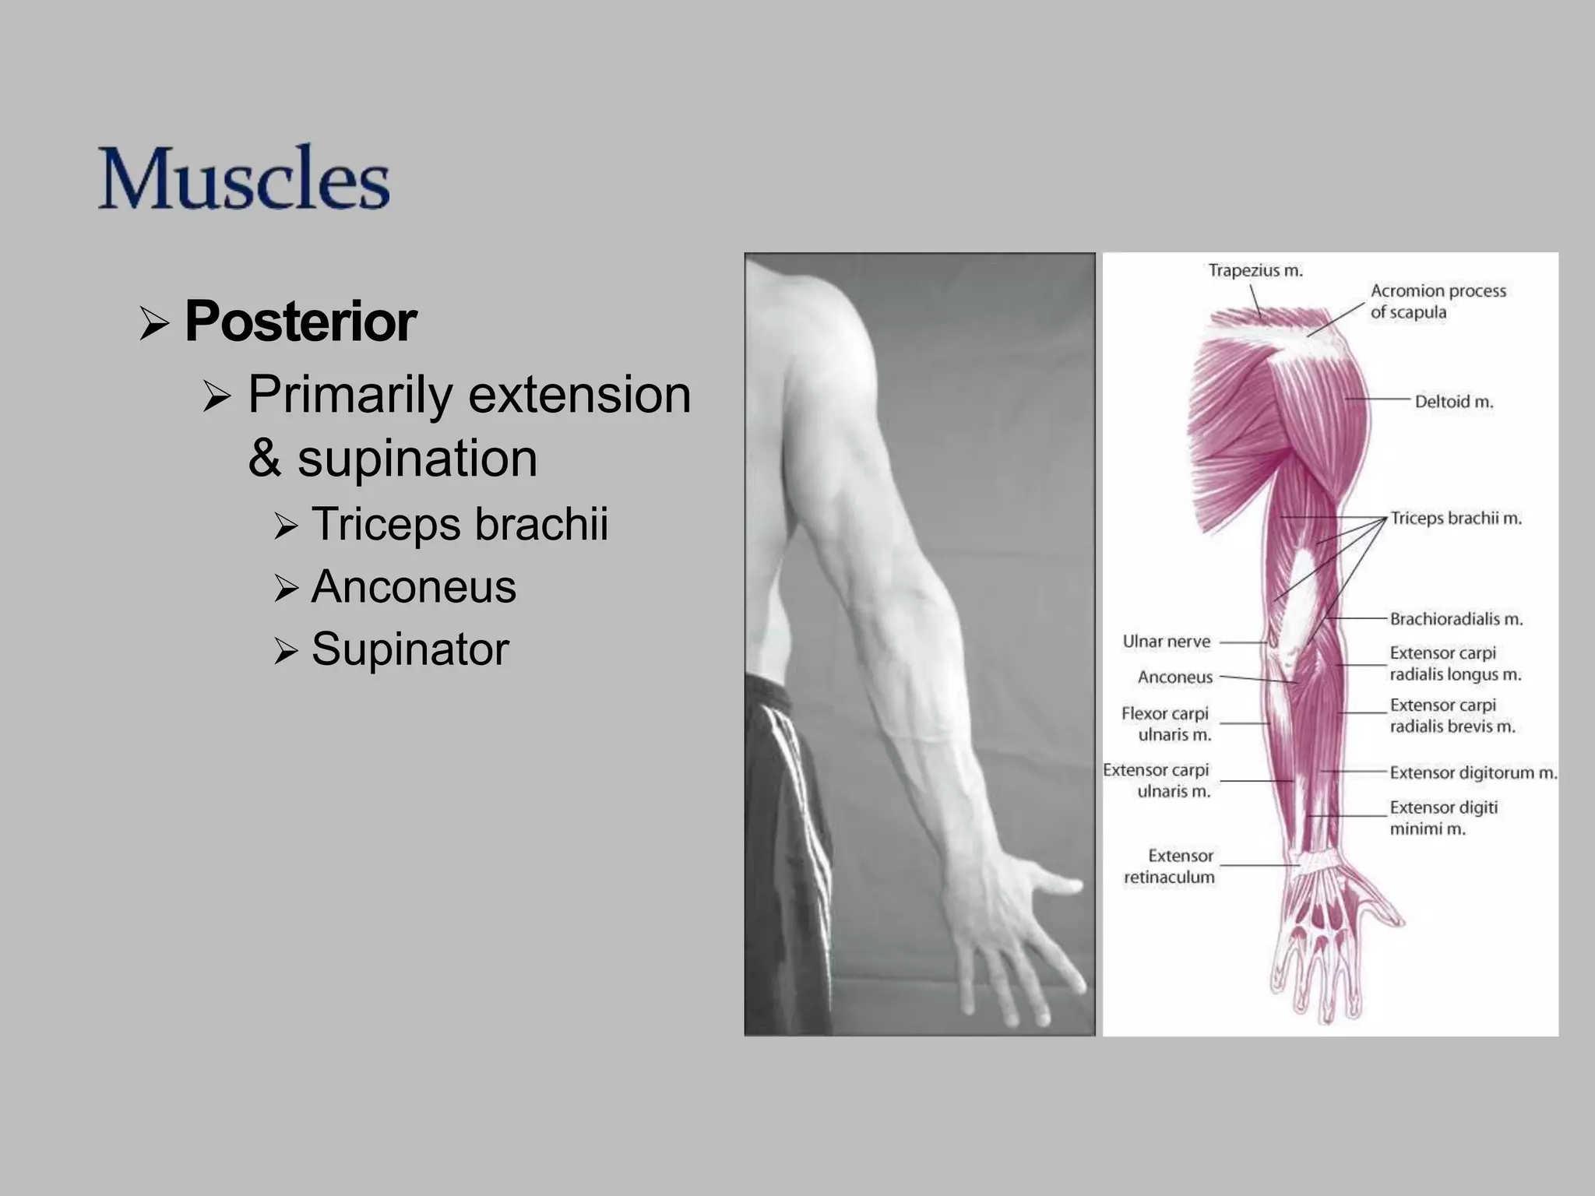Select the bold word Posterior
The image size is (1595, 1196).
pyautogui.click(x=301, y=322)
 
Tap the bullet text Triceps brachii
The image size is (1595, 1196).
pyautogui.click(x=459, y=523)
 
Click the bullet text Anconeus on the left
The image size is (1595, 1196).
pyautogui.click(x=414, y=586)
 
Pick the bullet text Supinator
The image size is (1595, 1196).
pyautogui.click(x=410, y=649)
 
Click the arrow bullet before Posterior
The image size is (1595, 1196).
pyautogui.click(x=154, y=323)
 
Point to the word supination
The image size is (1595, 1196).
pyautogui.click(x=417, y=458)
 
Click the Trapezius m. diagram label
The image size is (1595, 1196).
pyautogui.click(x=1255, y=271)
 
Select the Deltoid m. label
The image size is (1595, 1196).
pyautogui.click(x=1453, y=402)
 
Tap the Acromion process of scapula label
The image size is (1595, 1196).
pyautogui.click(x=1438, y=301)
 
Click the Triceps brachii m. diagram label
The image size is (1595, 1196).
pyautogui.click(x=1456, y=519)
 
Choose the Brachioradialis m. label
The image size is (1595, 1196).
pyautogui.click(x=1456, y=619)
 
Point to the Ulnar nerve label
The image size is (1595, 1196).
pyautogui.click(x=1166, y=642)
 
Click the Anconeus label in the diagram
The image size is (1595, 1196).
pyautogui.click(x=1174, y=677)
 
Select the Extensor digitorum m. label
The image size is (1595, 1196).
pyautogui.click(x=1473, y=773)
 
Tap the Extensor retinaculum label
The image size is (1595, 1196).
pyautogui.click(x=1169, y=866)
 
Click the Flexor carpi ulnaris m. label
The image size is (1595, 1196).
pyautogui.click(x=1166, y=723)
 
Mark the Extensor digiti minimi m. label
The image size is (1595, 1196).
pyautogui.click(x=1443, y=818)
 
